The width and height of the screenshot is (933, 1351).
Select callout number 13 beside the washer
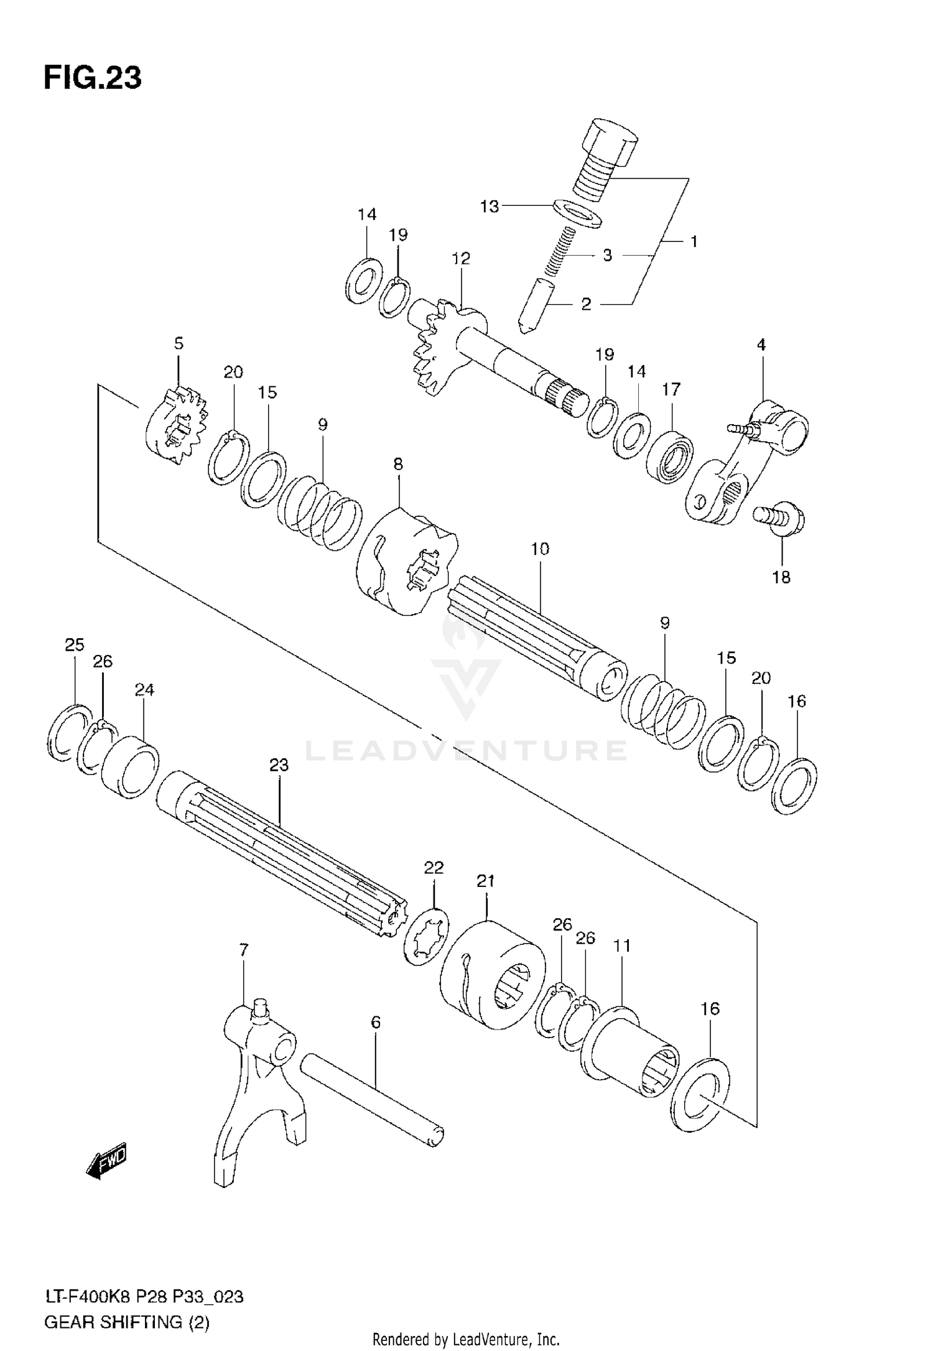[490, 207]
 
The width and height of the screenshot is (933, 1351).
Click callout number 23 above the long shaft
[279, 766]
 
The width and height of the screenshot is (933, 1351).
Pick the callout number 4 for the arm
[761, 345]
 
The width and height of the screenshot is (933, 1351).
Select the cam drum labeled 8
[407, 563]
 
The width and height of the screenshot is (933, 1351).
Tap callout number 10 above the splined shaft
[540, 549]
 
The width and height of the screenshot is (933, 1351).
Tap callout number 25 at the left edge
[75, 645]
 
